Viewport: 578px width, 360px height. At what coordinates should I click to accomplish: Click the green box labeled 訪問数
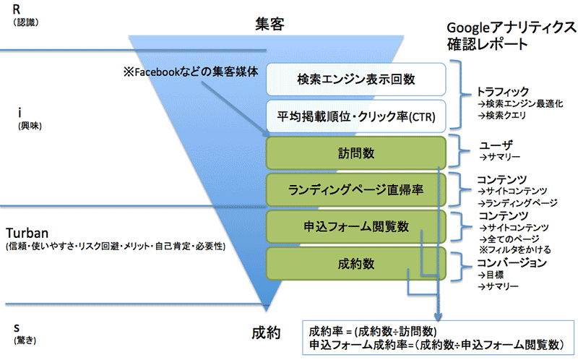tap(358, 153)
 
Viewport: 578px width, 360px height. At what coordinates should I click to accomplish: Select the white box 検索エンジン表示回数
tap(358, 79)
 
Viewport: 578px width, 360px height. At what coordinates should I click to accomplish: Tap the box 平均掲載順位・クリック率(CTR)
tap(358, 116)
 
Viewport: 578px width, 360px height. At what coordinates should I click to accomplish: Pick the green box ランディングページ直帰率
tap(358, 189)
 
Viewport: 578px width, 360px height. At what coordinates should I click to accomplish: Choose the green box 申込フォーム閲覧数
tap(358, 227)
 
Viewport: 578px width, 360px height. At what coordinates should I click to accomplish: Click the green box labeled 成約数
tap(358, 264)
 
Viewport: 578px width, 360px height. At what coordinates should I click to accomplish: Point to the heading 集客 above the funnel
tap(269, 23)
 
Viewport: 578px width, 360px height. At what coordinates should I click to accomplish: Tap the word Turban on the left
tap(27, 233)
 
